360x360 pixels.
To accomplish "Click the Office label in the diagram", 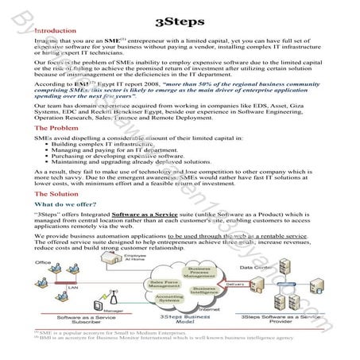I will click(44, 261).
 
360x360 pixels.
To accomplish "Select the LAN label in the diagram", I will click(72, 287).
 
